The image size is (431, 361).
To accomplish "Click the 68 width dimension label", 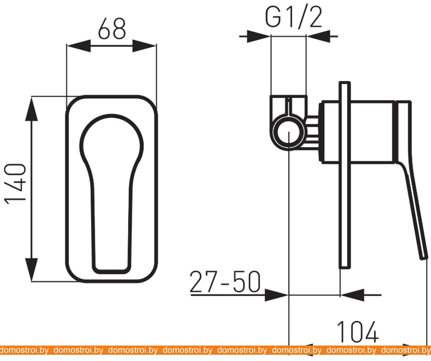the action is click(112, 28).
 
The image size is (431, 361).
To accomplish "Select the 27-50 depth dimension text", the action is click(225, 281).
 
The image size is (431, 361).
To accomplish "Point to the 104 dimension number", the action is click(358, 332).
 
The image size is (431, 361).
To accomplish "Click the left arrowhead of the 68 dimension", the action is click(78, 46).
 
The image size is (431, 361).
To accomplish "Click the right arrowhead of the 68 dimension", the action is click(145, 46).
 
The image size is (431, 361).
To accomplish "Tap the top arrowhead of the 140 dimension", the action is click(31, 109).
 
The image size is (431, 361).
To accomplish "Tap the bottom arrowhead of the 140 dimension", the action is click(31, 270).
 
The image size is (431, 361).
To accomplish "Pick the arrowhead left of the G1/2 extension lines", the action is click(259, 36).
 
